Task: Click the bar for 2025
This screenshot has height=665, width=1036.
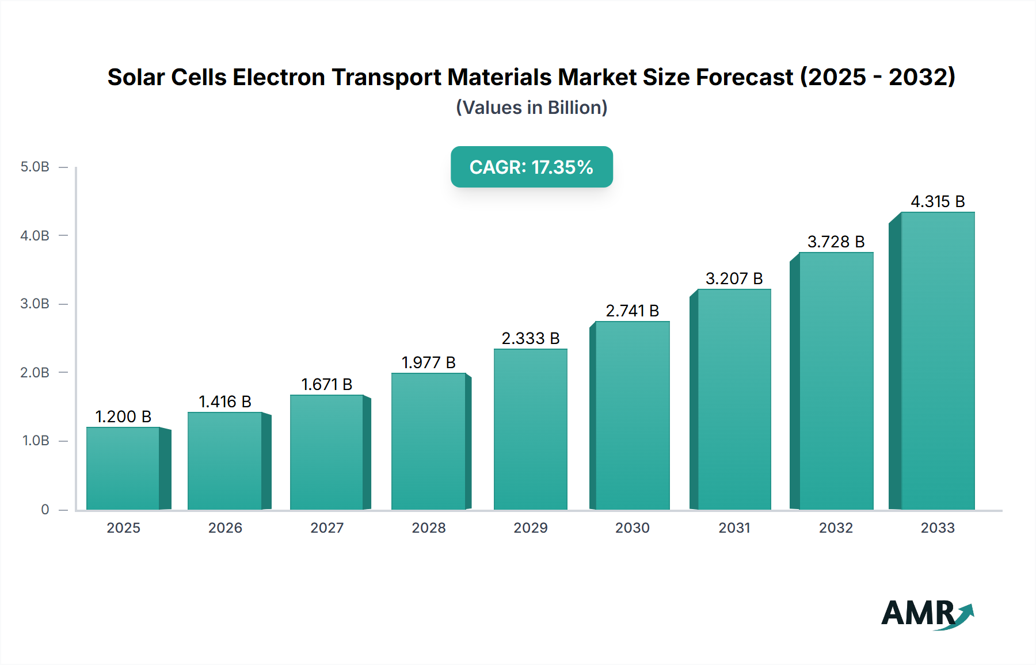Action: (123, 469)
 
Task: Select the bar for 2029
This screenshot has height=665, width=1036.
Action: (531, 429)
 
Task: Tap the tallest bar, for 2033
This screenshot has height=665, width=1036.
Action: (938, 361)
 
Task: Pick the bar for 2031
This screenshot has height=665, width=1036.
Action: (734, 399)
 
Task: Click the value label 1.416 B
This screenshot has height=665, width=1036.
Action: (225, 402)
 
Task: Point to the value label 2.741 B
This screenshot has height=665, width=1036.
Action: (632, 311)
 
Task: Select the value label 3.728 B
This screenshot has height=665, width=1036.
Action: (836, 242)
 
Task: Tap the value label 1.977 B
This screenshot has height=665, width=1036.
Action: (429, 362)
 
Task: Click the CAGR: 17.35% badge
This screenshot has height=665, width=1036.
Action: (531, 167)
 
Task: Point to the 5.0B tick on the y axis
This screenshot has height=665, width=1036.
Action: (35, 167)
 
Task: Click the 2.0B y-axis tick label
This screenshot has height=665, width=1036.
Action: (35, 372)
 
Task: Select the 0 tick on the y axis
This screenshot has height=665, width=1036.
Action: (45, 509)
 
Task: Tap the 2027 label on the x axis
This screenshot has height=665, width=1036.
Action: (327, 528)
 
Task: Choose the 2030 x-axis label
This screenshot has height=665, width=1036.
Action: (632, 528)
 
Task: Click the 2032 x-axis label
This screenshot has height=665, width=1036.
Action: (836, 528)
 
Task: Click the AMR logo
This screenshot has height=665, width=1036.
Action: (927, 614)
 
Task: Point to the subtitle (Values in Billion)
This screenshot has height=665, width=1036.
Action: (531, 108)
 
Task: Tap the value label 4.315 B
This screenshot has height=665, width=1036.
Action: (938, 201)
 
